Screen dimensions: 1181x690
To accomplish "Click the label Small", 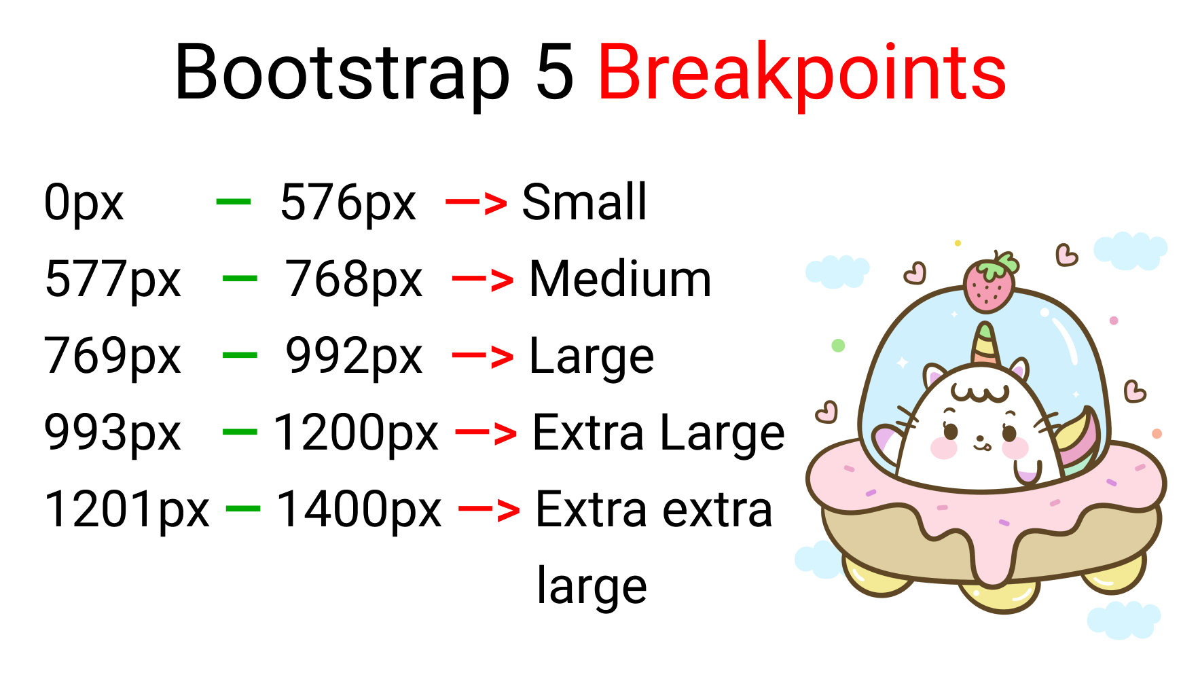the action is tap(584, 202).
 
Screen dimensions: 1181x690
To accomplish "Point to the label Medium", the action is tap(620, 278).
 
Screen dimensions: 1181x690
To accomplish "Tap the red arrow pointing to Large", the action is tap(483, 356).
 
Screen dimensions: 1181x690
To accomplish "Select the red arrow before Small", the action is tap(476, 202).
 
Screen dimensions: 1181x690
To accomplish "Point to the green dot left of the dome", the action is tap(838, 346).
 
